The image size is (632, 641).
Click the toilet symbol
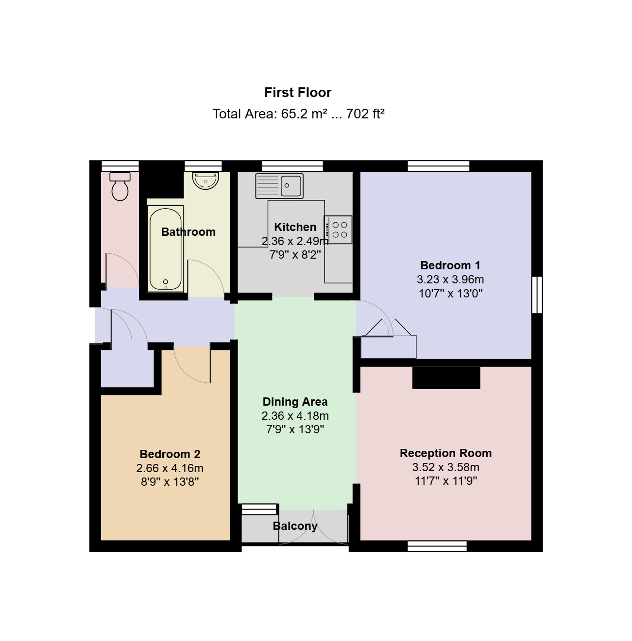(x=120, y=186)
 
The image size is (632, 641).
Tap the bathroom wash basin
(x=205, y=181)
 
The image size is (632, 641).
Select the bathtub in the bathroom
(x=166, y=249)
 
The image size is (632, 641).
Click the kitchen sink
(x=279, y=186)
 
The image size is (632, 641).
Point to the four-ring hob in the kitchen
(x=338, y=230)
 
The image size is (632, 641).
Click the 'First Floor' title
(x=298, y=93)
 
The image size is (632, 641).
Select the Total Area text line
(x=298, y=114)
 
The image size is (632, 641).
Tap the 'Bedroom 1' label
(x=450, y=265)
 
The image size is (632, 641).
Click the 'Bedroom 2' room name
(x=170, y=454)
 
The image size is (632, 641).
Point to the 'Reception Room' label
(x=446, y=453)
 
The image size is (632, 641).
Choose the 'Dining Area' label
(x=295, y=401)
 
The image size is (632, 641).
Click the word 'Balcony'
(x=295, y=526)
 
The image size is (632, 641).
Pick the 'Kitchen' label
(x=295, y=227)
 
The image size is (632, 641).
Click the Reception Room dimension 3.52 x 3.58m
(x=446, y=467)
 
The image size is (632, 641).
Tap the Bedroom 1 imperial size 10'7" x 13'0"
(x=450, y=294)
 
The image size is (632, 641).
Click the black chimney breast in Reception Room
(x=446, y=378)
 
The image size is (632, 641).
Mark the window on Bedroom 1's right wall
(x=537, y=295)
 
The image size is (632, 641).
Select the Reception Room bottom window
(x=437, y=546)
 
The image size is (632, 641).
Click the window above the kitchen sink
(x=292, y=165)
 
